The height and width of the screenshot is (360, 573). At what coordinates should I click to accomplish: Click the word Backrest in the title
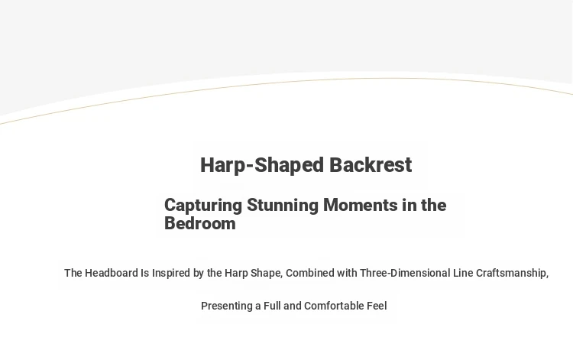coord(371,165)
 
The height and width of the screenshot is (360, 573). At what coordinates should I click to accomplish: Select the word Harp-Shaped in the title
coord(262,166)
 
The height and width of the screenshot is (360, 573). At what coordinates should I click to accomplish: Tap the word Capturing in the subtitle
coord(203,206)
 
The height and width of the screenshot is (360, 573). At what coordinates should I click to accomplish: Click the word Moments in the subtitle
coord(361,205)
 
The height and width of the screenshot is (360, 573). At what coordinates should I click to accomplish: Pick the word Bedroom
coord(200,223)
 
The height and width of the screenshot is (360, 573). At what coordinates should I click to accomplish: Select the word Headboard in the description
coord(111,273)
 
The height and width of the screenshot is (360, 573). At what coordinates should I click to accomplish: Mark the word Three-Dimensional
coord(405,273)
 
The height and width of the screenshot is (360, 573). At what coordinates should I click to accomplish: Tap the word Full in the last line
coord(272,306)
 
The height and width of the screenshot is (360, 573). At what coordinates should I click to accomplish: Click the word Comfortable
coord(334,306)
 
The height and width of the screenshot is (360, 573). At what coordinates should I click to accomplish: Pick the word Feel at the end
coord(377,306)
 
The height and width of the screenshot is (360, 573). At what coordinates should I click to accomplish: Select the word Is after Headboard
coord(144,273)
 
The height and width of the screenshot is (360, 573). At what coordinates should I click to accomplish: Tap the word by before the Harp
coord(199,274)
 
